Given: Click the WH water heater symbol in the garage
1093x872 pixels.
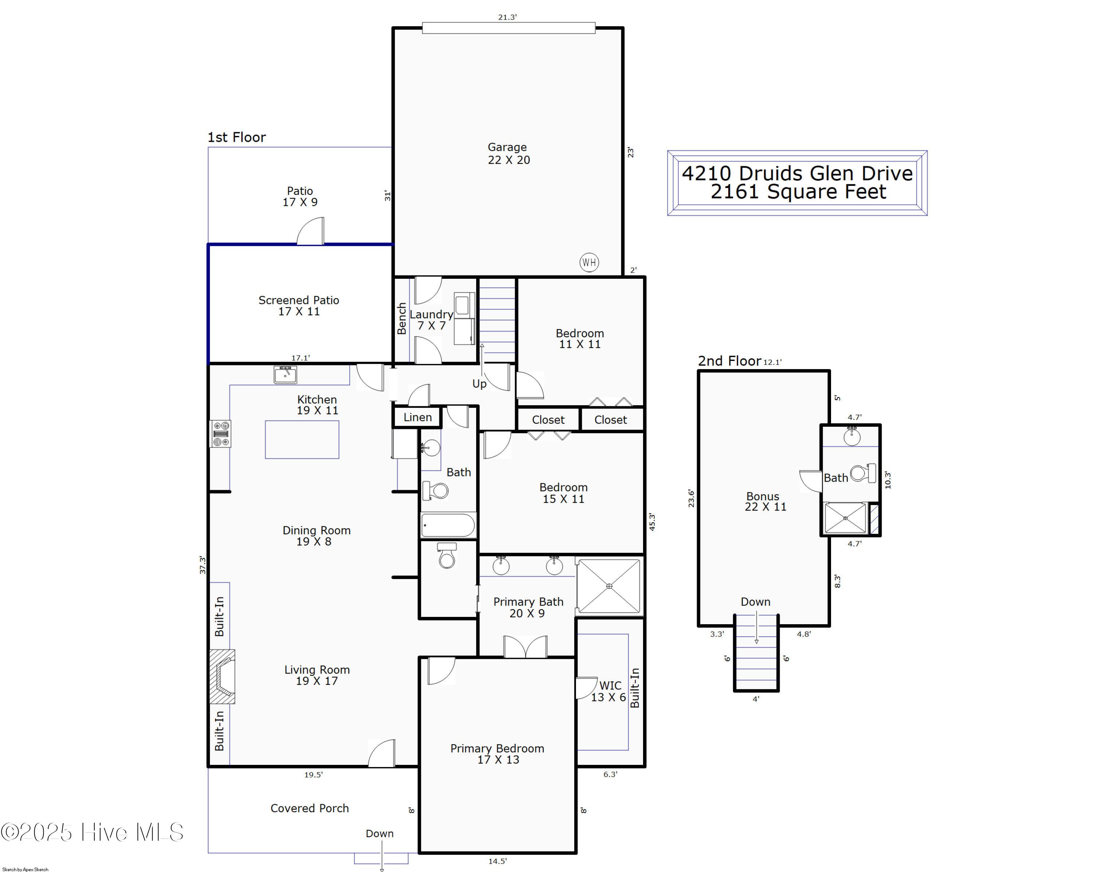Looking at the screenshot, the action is click(x=589, y=262).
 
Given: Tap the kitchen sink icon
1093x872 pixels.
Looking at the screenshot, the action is click(x=285, y=374).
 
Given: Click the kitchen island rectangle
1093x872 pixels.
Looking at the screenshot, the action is click(x=302, y=439).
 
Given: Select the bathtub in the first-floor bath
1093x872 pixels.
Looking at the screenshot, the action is click(x=448, y=525).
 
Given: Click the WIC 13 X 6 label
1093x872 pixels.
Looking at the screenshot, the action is click(x=609, y=691).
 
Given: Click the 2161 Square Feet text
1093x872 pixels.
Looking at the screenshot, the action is click(x=799, y=192).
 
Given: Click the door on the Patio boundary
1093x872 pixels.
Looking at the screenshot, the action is click(x=310, y=232).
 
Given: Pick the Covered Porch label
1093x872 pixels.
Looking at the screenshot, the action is click(x=310, y=808).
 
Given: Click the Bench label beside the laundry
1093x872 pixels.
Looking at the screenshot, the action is click(x=402, y=318).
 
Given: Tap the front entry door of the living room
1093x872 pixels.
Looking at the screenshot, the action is click(x=381, y=753).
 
